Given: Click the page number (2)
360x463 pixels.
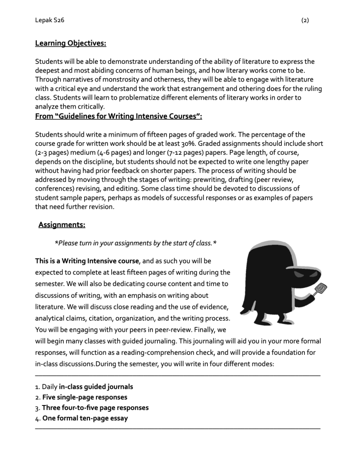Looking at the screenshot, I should point(305,20).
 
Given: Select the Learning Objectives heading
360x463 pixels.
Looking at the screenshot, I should point(71,43).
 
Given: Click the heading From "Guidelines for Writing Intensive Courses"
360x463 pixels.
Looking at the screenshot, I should point(118,116).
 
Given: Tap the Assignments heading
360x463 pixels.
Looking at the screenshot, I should point(62,224).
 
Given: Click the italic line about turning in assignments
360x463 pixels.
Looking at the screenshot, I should point(135,243).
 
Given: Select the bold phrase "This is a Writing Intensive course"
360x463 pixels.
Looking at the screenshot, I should point(87,261).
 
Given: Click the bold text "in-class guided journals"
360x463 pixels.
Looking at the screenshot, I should point(96,387).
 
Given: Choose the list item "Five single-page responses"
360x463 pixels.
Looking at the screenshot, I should point(85,397).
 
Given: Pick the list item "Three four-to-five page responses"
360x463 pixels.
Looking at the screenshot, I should point(95,408).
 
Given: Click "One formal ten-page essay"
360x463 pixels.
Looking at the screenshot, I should point(85,418).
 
